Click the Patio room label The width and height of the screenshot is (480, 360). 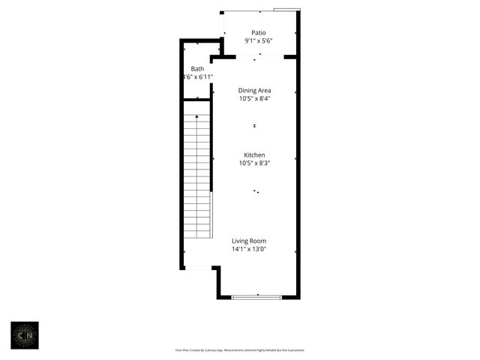(259, 32)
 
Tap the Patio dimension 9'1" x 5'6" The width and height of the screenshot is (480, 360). (259, 41)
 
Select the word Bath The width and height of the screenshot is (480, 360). (197, 69)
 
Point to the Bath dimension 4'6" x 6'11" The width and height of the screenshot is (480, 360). (198, 77)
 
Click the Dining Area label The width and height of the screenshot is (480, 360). (254, 91)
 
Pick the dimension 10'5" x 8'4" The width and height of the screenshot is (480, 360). (254, 99)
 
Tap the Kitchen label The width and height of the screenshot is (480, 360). (254, 155)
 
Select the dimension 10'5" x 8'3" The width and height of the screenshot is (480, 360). (254, 163)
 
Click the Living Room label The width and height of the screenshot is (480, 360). (249, 241)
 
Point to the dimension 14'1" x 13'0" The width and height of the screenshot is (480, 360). (249, 249)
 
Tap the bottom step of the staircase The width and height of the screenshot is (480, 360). (197, 233)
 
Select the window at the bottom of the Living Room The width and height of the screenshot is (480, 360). (256, 298)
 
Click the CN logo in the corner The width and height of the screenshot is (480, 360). (24, 335)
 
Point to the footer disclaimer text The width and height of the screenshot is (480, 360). (239, 350)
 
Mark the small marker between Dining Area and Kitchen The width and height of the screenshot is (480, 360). (255, 125)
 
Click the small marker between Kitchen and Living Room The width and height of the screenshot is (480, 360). (256, 192)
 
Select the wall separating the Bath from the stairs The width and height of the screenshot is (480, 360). (196, 100)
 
